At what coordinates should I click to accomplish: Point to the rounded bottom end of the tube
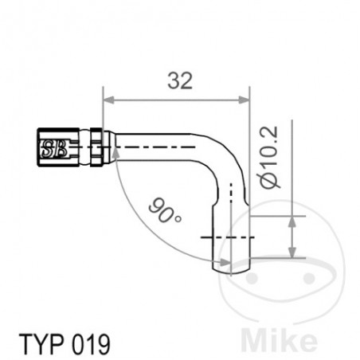pyautogui.click(x=231, y=269)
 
